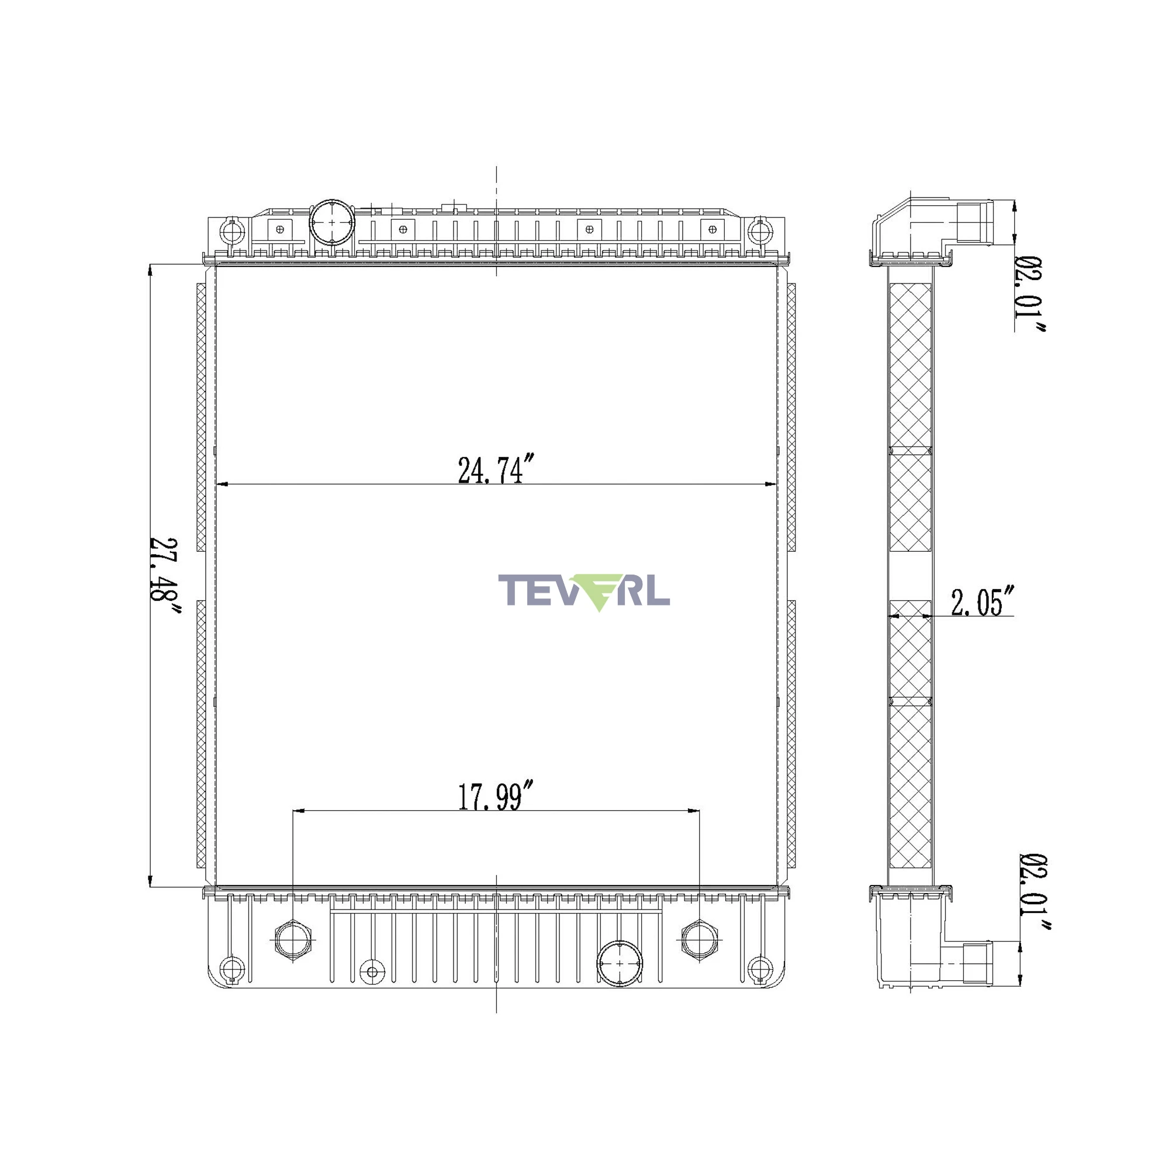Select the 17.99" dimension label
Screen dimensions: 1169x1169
pos(496,796)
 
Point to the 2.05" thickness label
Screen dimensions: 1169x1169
pos(982,601)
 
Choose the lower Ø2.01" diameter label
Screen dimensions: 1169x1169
pos(1034,893)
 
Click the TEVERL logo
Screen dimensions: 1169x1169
pos(584,591)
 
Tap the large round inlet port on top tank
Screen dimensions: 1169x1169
pos(331,222)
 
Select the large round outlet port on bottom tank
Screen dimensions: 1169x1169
pos(620,964)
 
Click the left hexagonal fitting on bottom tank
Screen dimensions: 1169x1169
pos(293,939)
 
